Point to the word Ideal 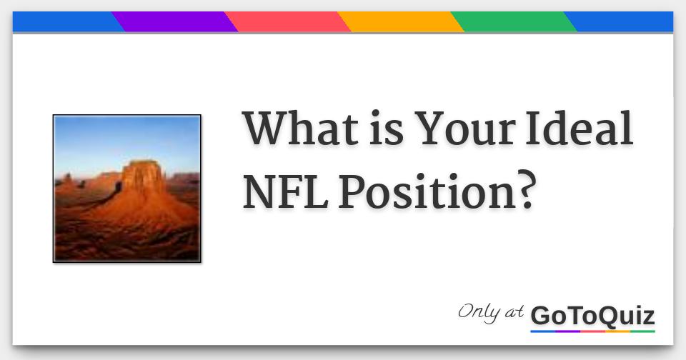coord(580,130)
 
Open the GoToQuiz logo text coord(592,315)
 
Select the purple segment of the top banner coord(175,22)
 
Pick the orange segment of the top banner coord(401,22)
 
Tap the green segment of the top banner coord(514,22)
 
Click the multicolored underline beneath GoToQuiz coord(592,331)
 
